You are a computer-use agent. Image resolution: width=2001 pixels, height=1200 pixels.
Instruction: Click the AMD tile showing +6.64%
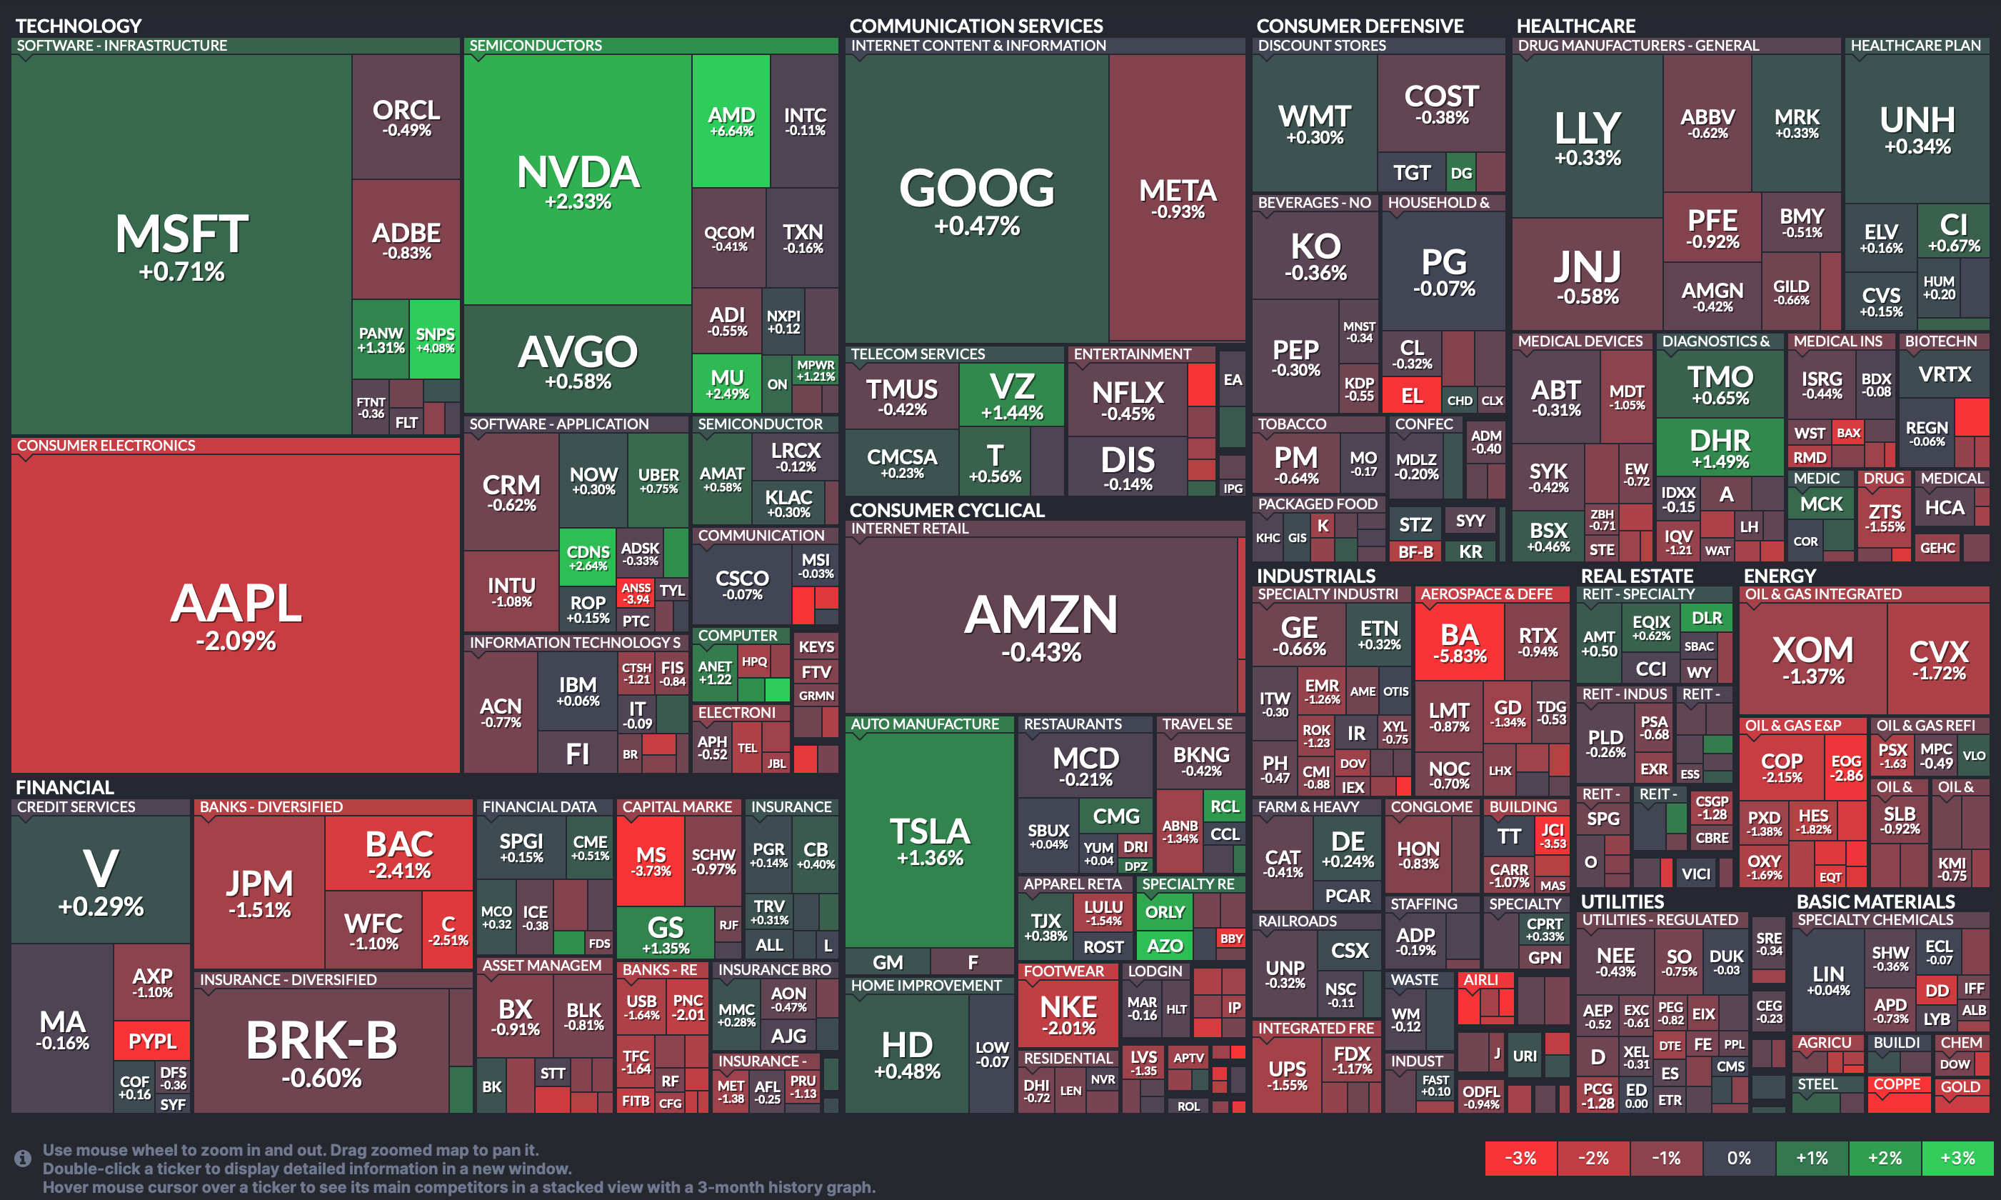click(x=731, y=121)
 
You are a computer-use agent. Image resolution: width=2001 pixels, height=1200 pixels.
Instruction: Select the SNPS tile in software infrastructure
click(x=435, y=339)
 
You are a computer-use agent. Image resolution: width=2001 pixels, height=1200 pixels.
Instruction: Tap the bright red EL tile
click(x=1411, y=396)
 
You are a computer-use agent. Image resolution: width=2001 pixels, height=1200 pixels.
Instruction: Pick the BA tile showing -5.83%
click(x=1459, y=642)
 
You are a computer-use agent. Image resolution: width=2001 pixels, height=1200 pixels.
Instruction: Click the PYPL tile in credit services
click(x=152, y=1041)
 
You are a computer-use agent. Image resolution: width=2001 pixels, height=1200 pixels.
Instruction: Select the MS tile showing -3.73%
click(x=651, y=861)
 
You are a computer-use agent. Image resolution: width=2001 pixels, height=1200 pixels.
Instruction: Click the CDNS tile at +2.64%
click(x=588, y=557)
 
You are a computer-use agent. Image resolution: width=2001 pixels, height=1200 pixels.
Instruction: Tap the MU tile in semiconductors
click(x=727, y=384)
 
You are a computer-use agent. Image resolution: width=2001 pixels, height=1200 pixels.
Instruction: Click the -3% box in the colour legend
click(x=1520, y=1158)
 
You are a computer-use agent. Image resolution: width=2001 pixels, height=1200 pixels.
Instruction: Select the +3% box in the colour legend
click(x=1957, y=1158)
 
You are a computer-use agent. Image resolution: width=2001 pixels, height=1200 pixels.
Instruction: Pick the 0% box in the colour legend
click(x=1739, y=1158)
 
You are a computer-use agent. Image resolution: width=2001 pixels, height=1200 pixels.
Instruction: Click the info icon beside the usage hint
click(x=23, y=1158)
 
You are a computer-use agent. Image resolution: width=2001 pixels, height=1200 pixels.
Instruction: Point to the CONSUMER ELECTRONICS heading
click(x=106, y=446)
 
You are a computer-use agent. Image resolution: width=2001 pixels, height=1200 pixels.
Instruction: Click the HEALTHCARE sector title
click(x=1575, y=26)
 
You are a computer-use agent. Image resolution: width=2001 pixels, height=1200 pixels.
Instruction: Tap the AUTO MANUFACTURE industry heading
click(x=924, y=724)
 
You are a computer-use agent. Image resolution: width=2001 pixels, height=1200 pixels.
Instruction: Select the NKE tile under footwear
click(x=1068, y=1014)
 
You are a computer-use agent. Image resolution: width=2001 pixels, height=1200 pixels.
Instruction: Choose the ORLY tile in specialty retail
click(x=1164, y=912)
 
